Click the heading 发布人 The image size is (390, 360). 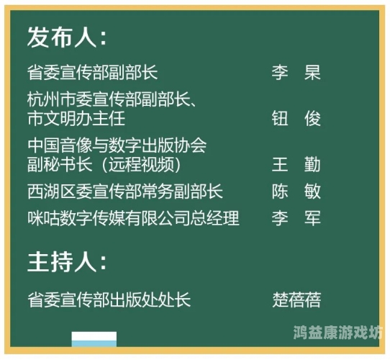67,37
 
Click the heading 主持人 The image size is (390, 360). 67,262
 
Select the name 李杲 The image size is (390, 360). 296,73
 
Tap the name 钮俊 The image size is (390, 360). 296,119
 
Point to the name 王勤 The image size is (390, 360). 296,165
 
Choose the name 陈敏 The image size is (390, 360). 296,192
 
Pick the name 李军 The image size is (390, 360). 296,218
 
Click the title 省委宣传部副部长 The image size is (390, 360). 92,73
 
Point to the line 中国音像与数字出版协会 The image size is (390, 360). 117,145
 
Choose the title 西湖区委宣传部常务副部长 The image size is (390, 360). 124,192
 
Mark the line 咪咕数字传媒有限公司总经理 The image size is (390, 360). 133,218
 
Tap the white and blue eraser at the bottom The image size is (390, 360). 94,339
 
